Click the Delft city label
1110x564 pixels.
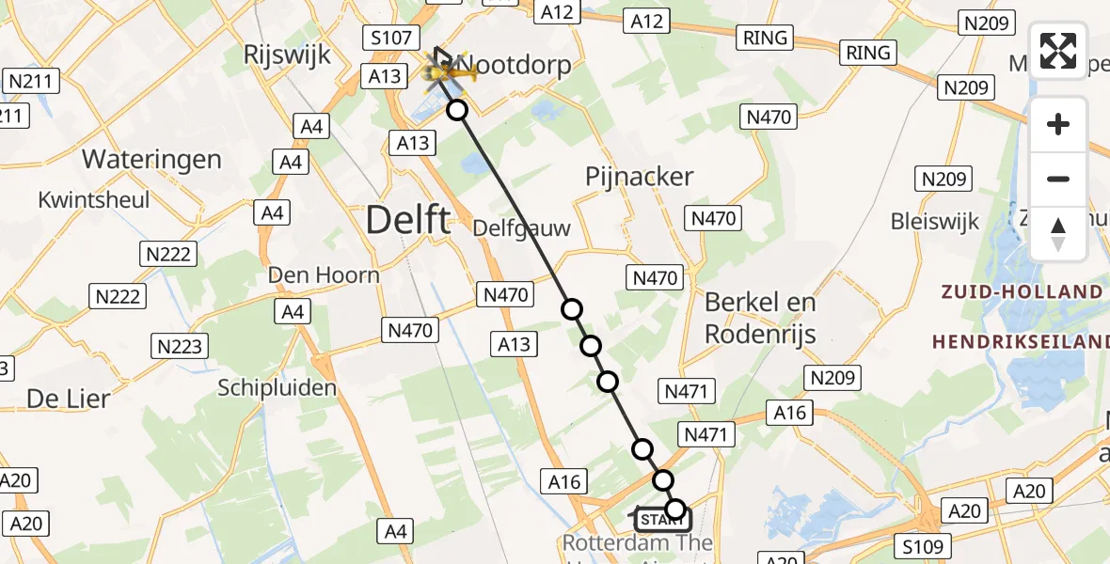[x=407, y=220]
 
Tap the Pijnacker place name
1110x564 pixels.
[x=639, y=176]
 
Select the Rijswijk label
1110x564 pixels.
[x=287, y=55]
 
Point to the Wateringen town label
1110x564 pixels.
[x=151, y=159]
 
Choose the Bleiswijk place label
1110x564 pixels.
[x=935, y=222]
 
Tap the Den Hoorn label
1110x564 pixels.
[x=324, y=274]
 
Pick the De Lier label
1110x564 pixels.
[x=68, y=398]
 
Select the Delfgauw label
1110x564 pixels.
[x=521, y=227]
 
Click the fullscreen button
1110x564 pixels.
[x=1058, y=51]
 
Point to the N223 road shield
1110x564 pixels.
[x=180, y=346]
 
